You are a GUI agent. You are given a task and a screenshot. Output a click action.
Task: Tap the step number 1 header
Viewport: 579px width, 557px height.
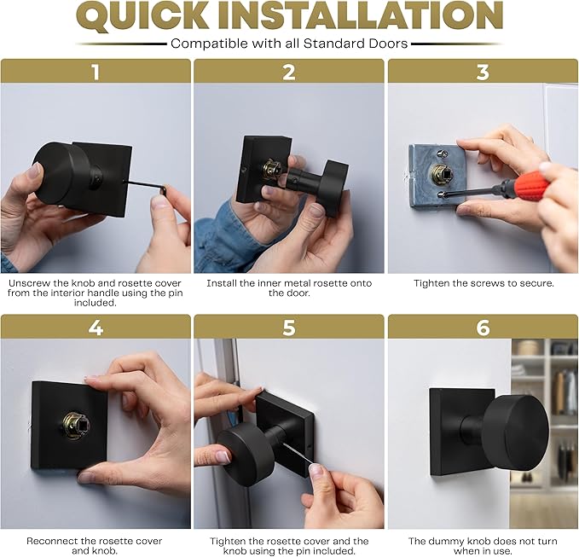click(96, 72)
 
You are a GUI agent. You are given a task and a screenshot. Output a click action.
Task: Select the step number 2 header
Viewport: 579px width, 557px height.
click(289, 72)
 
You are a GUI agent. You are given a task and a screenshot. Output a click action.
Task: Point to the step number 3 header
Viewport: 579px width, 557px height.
click(483, 72)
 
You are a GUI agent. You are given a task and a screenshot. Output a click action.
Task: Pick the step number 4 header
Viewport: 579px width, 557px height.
click(96, 328)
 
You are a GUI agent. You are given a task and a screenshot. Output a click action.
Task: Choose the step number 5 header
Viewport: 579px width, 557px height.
click(289, 328)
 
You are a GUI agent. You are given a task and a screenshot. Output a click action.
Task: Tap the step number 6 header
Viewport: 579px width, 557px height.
click(483, 328)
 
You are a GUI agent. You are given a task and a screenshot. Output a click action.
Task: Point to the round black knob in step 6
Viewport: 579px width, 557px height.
click(516, 432)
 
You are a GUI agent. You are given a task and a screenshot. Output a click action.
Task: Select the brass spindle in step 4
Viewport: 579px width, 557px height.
click(77, 426)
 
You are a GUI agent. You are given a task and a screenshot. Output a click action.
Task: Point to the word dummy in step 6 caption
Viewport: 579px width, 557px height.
click(446, 542)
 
